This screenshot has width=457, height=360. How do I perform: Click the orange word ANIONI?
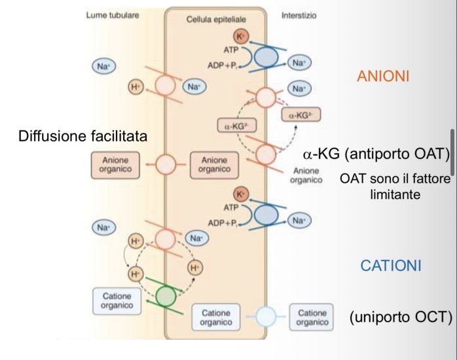click(x=383, y=77)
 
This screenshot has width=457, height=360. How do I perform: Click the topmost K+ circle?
click(x=242, y=37)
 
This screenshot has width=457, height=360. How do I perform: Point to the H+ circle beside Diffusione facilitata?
click(x=135, y=88)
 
